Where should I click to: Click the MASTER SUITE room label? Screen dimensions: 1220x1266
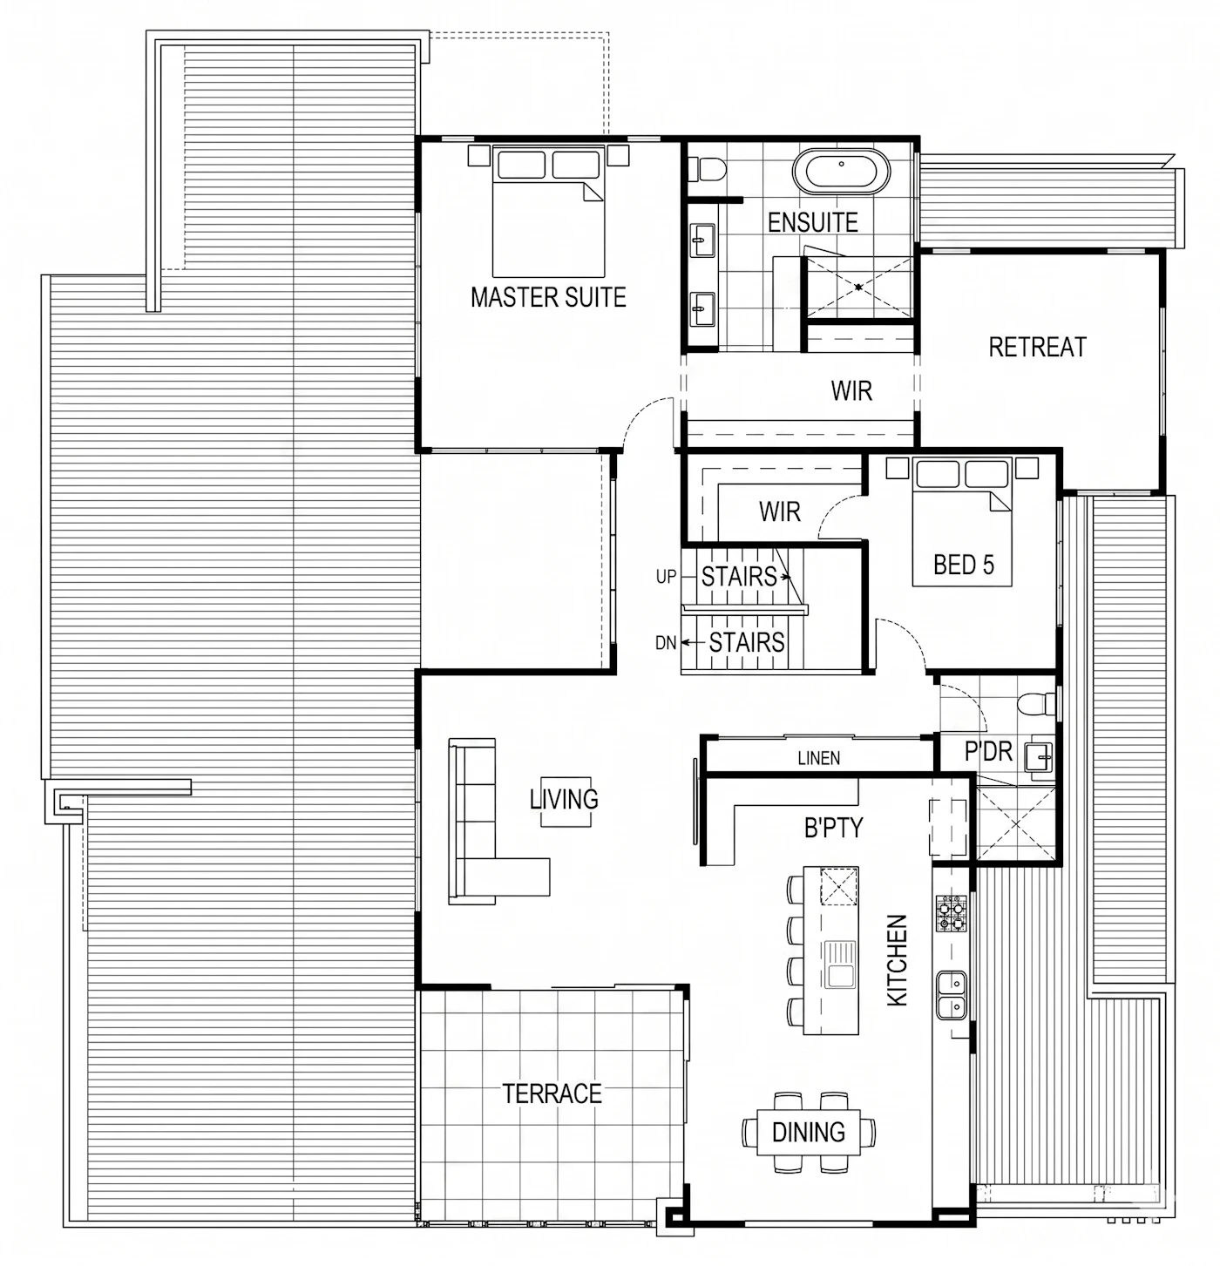[x=548, y=297]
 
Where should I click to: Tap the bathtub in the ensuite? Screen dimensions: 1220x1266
[x=841, y=172]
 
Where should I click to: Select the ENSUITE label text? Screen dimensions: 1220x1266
[x=813, y=222]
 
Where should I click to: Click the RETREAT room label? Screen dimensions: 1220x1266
[x=1037, y=347]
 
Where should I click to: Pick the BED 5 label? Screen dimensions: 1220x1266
[x=964, y=565]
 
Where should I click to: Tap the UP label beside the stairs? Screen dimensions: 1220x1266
[x=666, y=577]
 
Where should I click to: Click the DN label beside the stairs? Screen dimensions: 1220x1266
[x=666, y=643]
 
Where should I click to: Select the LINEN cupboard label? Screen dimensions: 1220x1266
[x=818, y=758]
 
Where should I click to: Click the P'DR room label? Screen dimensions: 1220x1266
[x=987, y=751]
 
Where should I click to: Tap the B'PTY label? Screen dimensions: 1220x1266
[x=833, y=828]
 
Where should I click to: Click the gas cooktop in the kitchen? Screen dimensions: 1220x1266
[x=952, y=913]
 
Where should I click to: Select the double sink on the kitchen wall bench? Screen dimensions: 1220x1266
[x=952, y=995]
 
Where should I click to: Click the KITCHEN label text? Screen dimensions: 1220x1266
[x=897, y=960]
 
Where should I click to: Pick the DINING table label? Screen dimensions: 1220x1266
[x=808, y=1132]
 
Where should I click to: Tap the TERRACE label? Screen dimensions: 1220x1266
[x=552, y=1093]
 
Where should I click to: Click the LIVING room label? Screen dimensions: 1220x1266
[x=564, y=799]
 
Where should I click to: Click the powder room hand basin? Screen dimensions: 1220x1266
[x=1039, y=757]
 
